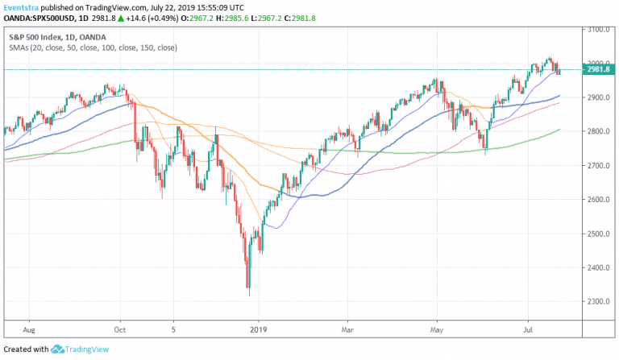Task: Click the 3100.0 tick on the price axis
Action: pyautogui.click(x=599, y=29)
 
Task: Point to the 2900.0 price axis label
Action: pyautogui.click(x=599, y=97)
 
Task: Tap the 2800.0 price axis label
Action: pyautogui.click(x=599, y=131)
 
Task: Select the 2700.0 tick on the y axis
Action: pyautogui.click(x=599, y=166)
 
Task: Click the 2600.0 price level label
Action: pyautogui.click(x=599, y=200)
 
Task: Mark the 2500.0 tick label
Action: pyautogui.click(x=599, y=234)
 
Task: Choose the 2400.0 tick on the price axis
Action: pyautogui.click(x=599, y=268)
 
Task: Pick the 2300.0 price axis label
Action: pyautogui.click(x=599, y=302)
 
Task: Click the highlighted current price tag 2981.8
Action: pyautogui.click(x=600, y=69)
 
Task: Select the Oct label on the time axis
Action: pyautogui.click(x=121, y=329)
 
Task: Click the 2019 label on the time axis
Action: pyautogui.click(x=257, y=329)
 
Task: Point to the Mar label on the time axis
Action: pyautogui.click(x=348, y=329)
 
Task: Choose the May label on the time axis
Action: pyautogui.click(x=438, y=329)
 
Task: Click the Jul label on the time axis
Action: pyautogui.click(x=529, y=329)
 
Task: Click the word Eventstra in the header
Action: pyautogui.click(x=21, y=6)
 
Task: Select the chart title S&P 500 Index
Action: pyautogui.click(x=35, y=37)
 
